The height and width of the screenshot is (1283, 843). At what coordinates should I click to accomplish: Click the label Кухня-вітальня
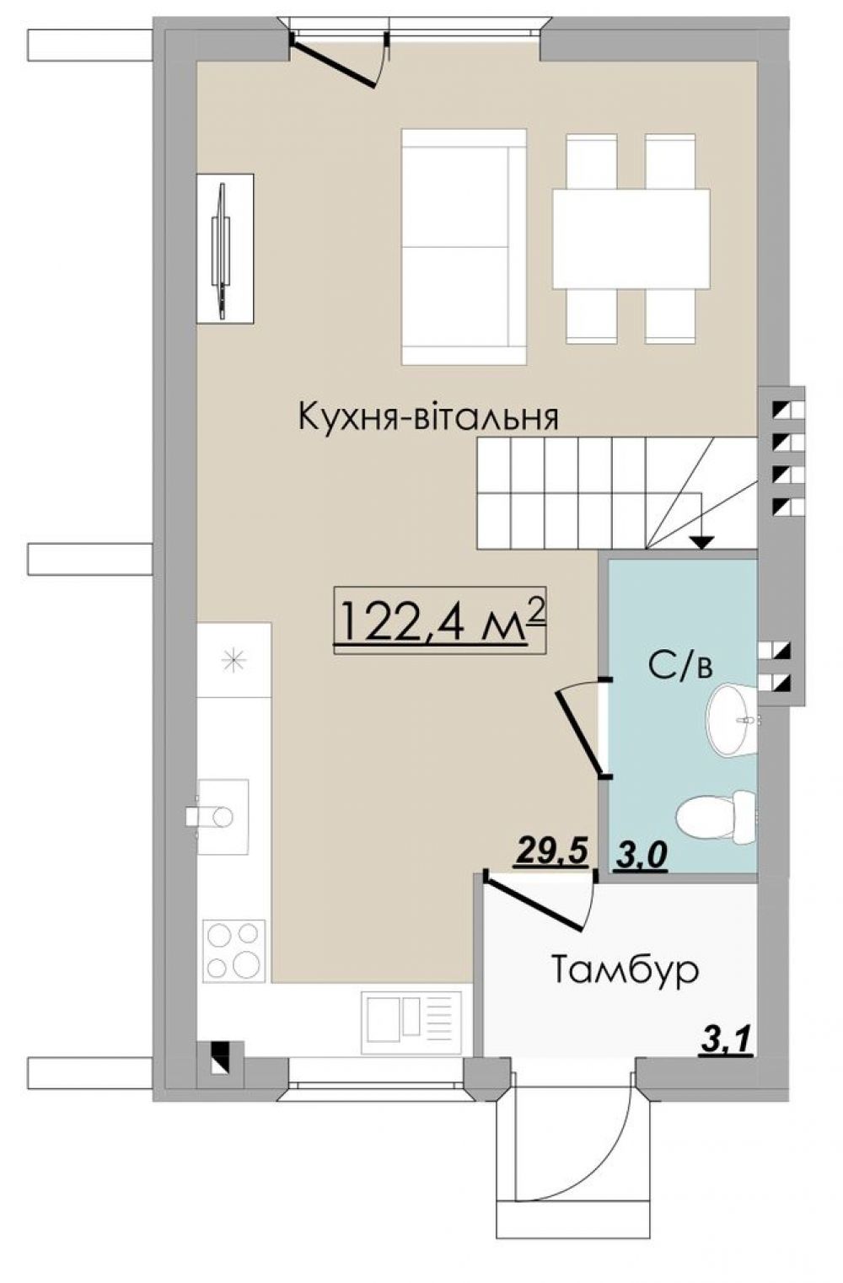point(428,417)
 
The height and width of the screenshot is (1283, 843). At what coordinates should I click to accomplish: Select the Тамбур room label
point(626,970)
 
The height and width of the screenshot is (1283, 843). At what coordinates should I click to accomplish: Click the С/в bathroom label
point(680,665)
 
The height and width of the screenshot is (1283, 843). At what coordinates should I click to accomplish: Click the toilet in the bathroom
point(717,815)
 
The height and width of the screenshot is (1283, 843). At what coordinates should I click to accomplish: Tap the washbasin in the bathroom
point(732,719)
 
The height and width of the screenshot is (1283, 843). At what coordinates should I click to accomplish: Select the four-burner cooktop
point(234,949)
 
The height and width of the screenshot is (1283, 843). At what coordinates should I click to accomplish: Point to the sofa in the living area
point(464,246)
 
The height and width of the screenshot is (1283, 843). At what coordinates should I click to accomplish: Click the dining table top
point(631,238)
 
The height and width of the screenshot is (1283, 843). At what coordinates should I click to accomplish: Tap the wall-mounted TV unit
point(224,248)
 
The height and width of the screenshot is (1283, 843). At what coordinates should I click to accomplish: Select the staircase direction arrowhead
point(701,542)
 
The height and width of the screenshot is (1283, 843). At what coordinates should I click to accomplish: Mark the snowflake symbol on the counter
point(234,659)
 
